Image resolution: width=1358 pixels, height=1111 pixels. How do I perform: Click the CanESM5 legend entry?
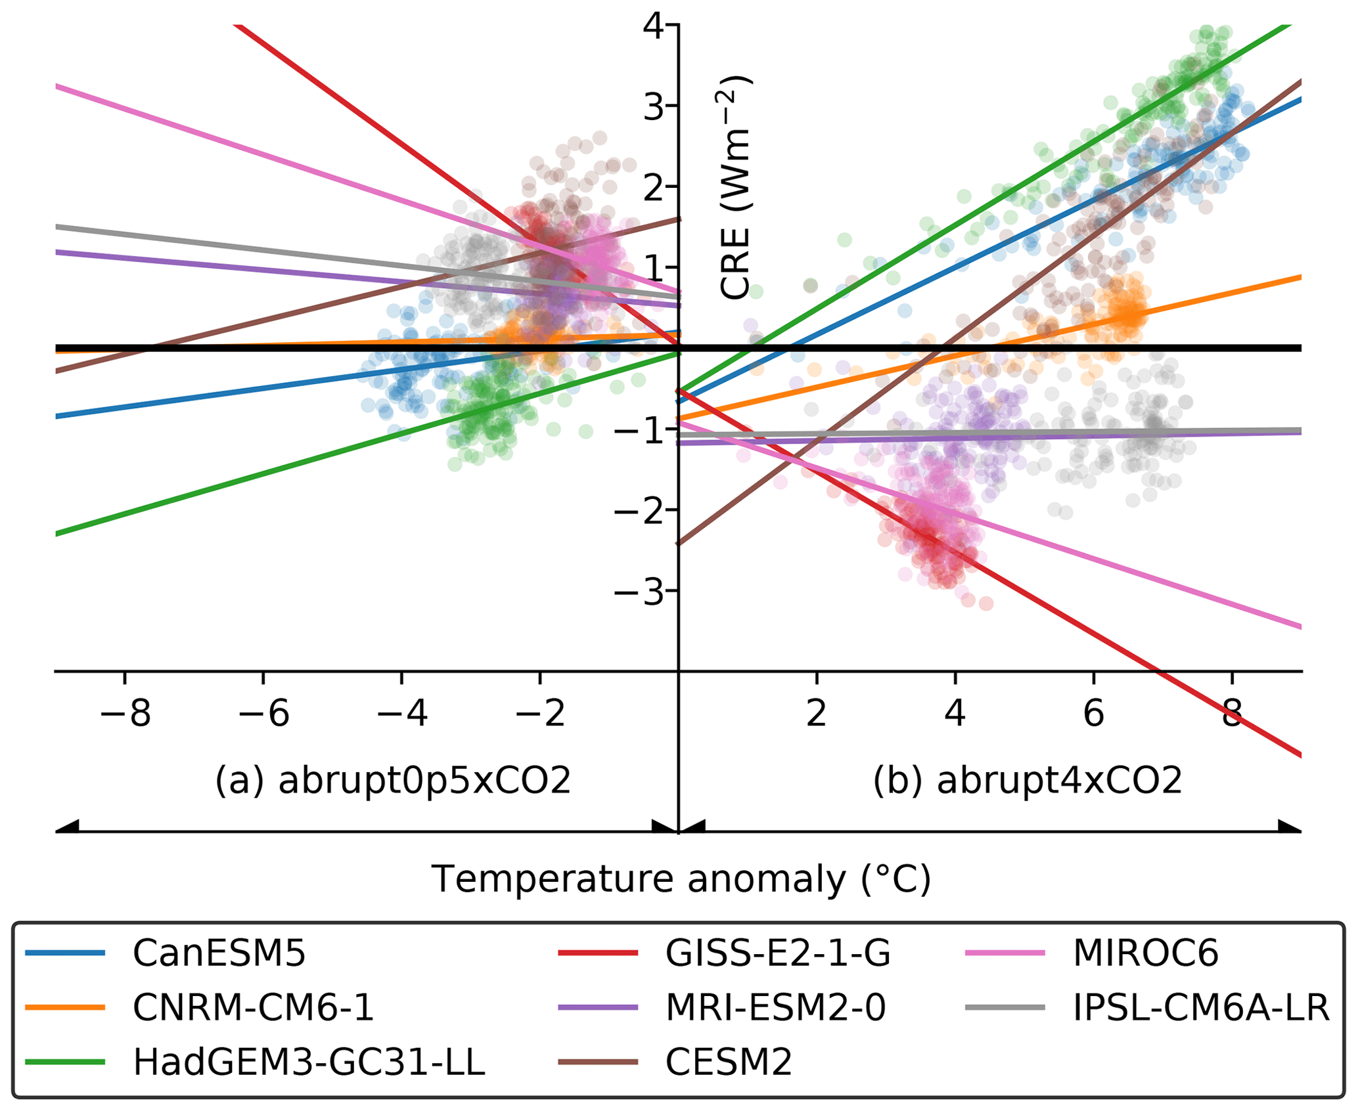(x=219, y=953)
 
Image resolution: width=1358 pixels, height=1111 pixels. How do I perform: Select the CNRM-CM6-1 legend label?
(x=253, y=1007)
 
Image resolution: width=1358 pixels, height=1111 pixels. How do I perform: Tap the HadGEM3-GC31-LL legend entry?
(x=309, y=1062)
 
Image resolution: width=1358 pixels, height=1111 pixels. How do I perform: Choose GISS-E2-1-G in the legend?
(x=778, y=953)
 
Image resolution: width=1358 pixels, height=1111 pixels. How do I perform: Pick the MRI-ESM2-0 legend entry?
(x=775, y=1007)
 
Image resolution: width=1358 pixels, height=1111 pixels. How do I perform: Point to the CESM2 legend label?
(x=729, y=1062)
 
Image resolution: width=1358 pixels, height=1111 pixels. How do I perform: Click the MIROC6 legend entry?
(x=1145, y=953)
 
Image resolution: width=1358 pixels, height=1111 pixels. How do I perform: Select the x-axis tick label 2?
(x=817, y=712)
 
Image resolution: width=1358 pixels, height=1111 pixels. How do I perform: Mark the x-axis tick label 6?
(x=1093, y=712)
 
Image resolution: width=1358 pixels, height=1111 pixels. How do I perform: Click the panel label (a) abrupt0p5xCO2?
(x=393, y=780)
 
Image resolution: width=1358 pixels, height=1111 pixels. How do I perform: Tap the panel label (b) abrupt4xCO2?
(x=1028, y=780)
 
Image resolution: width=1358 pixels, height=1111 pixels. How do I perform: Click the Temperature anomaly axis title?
(x=681, y=879)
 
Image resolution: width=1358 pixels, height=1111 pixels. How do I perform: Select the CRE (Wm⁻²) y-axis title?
(x=735, y=188)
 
